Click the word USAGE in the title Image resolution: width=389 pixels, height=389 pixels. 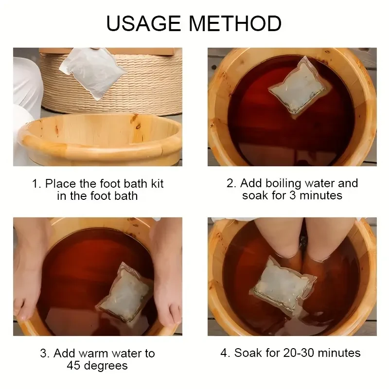(x=143, y=23)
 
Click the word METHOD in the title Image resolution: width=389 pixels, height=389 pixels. (x=235, y=23)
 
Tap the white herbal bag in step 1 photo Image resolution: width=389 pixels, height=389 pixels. (x=93, y=72)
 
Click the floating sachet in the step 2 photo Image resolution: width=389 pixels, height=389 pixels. (x=299, y=88)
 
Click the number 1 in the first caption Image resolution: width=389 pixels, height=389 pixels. (x=36, y=184)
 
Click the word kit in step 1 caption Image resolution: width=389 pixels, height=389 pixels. (x=157, y=184)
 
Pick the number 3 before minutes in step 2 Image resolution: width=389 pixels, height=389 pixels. (x=293, y=195)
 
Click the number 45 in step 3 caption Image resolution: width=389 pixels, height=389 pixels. (x=74, y=366)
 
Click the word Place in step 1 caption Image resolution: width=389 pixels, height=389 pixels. (x=60, y=184)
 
